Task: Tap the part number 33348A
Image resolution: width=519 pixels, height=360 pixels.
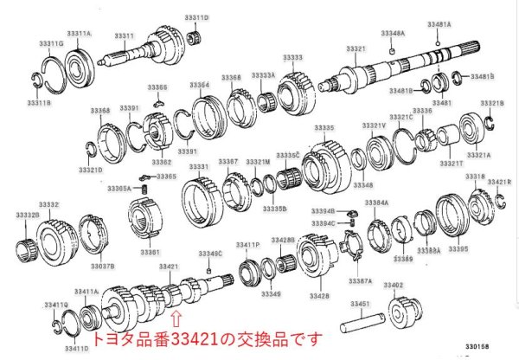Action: tap(392, 33)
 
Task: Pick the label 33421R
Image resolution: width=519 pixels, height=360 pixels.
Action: tap(498, 182)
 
